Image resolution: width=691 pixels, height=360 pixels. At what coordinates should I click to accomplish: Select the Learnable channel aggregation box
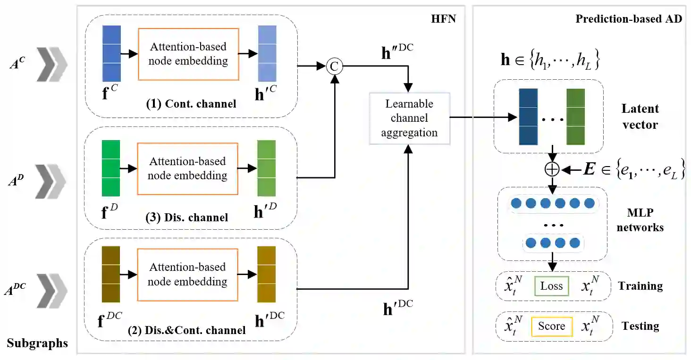point(409,118)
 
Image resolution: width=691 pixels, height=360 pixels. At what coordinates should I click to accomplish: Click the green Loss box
point(552,286)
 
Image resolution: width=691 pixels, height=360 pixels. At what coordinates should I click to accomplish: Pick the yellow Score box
point(552,326)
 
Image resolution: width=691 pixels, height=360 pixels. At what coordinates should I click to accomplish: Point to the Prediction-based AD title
point(629,19)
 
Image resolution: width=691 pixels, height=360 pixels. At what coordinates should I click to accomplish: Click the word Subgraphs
point(37,343)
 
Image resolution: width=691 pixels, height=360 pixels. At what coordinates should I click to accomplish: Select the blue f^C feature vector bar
point(111,54)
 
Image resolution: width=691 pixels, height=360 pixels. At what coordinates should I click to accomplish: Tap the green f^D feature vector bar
point(111,168)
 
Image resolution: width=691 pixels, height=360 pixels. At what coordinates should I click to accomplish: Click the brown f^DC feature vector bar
point(111,275)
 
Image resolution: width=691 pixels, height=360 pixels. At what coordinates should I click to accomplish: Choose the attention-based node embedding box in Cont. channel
point(188,54)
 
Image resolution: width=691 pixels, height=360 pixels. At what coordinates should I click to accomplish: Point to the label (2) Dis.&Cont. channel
point(187,330)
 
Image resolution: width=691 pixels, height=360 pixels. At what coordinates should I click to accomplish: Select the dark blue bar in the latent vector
point(528,117)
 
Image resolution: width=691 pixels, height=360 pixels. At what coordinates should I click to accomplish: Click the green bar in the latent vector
point(575,117)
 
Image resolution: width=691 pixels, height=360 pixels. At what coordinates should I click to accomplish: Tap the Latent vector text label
point(640,117)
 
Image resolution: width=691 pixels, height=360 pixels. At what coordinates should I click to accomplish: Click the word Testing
point(640,326)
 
